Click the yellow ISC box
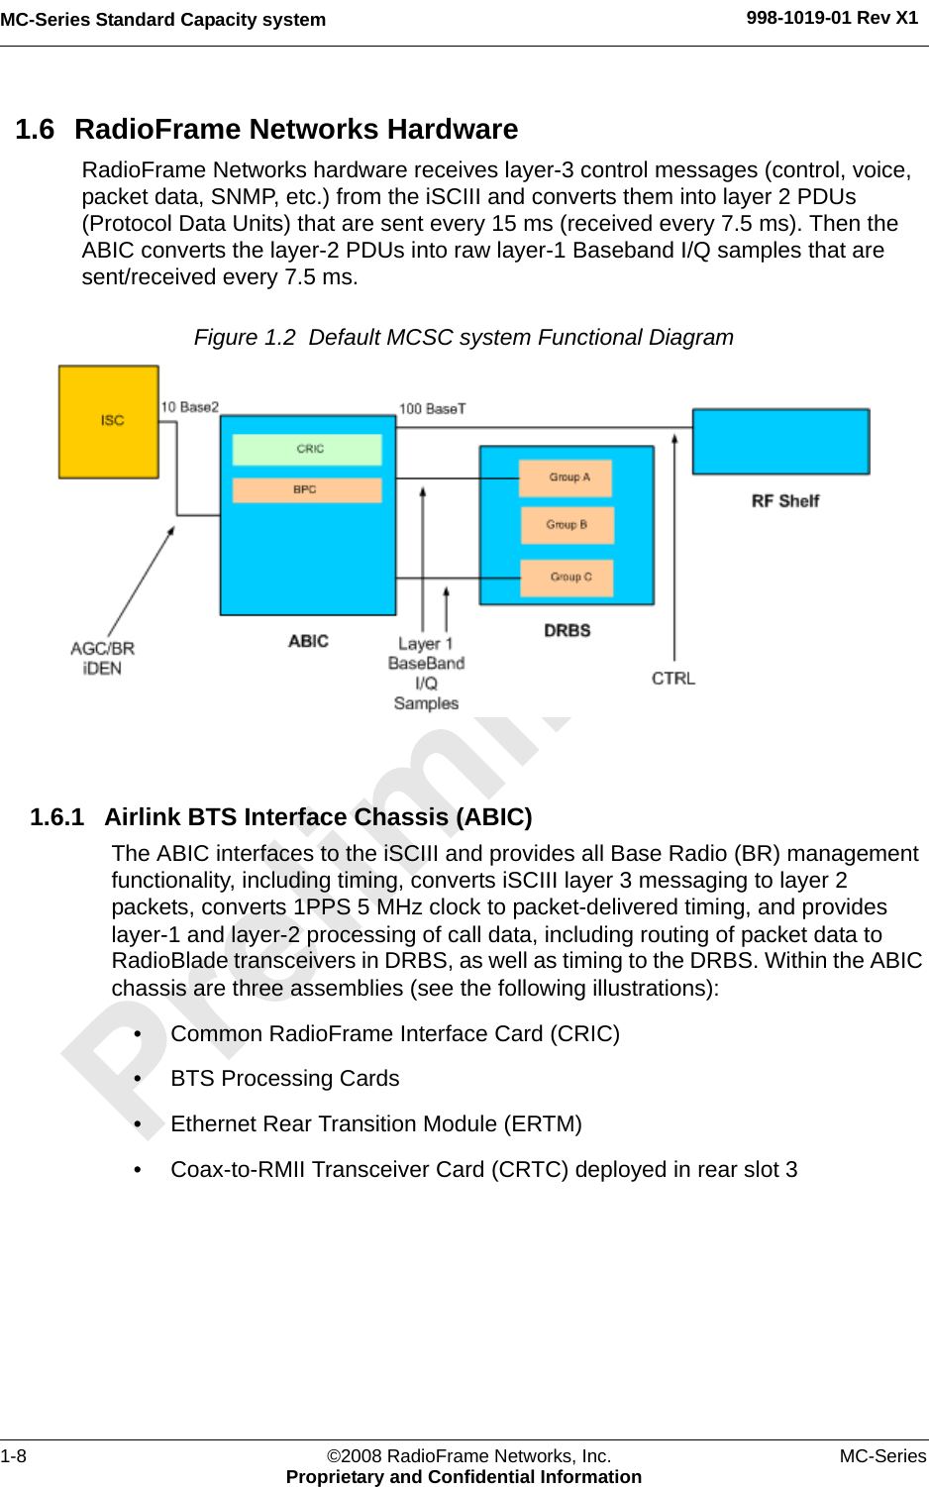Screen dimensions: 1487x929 click(x=109, y=421)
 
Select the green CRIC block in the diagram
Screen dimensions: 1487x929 click(x=307, y=449)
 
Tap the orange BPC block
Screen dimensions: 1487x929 click(x=307, y=489)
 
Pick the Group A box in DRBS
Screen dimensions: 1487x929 click(x=567, y=478)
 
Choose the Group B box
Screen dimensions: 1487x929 click(x=567, y=525)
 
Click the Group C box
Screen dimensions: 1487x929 click(x=568, y=577)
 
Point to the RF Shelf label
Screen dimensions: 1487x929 click(x=784, y=501)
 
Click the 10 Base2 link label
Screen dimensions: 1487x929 click(x=189, y=407)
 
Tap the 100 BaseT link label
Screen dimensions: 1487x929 click(x=432, y=408)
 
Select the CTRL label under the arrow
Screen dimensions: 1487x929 click(x=673, y=679)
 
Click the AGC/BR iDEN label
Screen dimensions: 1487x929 click(x=102, y=658)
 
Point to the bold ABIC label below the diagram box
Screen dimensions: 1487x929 click(x=308, y=641)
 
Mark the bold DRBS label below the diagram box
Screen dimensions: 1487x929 click(x=567, y=630)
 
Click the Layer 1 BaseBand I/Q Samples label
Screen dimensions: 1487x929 click(x=426, y=674)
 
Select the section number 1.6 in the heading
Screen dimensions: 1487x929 click(x=35, y=130)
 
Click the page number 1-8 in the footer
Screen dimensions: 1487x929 click(x=14, y=1455)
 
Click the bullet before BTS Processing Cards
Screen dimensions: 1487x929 click(x=139, y=1079)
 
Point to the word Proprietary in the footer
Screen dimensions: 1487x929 click(x=334, y=1476)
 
